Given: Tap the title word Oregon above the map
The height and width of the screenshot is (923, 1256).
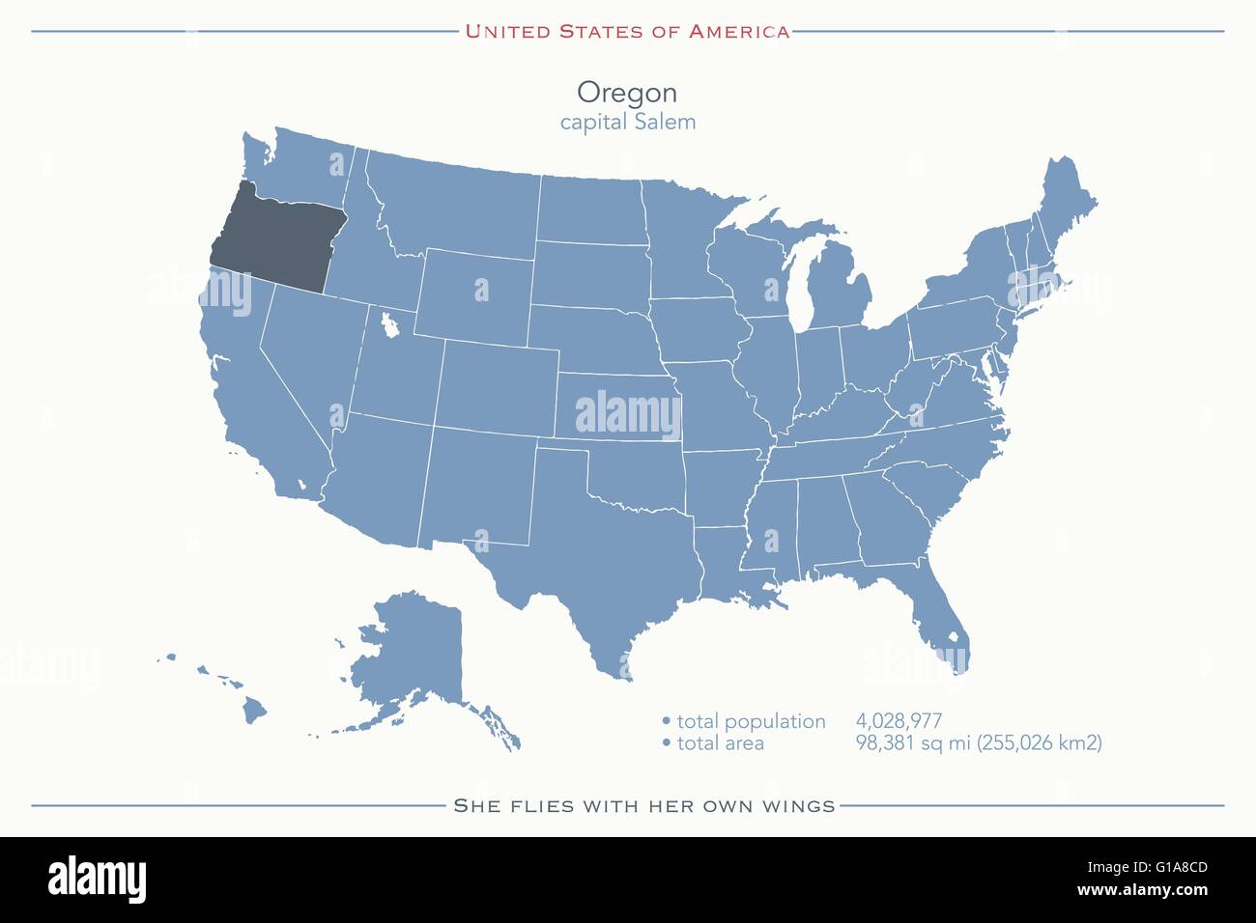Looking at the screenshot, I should [627, 93].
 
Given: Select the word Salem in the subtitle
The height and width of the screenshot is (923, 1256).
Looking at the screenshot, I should [664, 123].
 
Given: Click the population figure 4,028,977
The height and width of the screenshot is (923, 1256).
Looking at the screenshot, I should [899, 721].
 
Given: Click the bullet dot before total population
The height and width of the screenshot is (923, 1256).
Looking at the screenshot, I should [666, 722].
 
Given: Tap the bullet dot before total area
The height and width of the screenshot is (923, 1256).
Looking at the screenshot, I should [666, 743].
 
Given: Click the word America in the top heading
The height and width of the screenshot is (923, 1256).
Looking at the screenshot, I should [739, 32].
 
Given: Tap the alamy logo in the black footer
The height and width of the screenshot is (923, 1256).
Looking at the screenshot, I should [97, 880].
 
